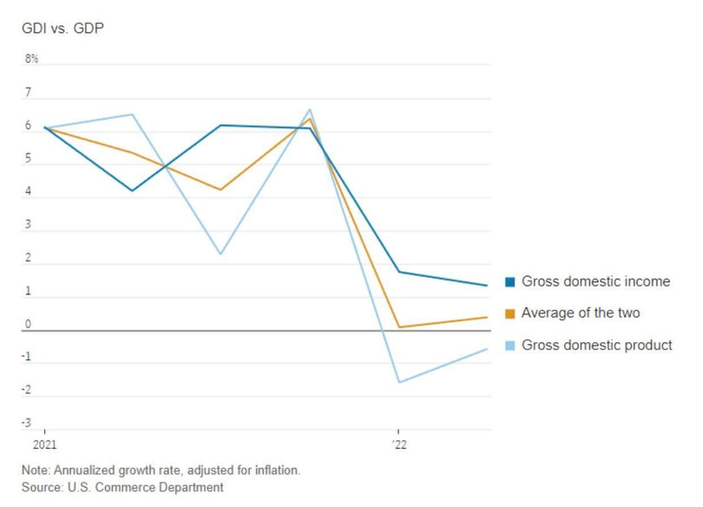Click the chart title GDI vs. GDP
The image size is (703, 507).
coord(62,29)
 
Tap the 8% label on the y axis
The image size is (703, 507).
coord(31,59)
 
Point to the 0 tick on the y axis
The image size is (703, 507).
coord(28,325)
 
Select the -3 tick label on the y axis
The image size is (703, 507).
coord(27,424)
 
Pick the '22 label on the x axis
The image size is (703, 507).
coord(398,444)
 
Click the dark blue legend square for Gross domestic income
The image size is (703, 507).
coord(510,282)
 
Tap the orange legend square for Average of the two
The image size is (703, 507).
coord(510,313)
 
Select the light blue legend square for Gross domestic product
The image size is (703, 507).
coord(510,346)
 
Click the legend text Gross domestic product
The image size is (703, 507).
coord(597,346)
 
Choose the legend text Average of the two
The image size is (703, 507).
coord(581,313)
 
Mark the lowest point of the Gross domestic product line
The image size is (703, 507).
coord(398,382)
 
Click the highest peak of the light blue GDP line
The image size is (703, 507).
coord(310,109)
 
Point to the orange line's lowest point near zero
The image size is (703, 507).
coord(398,327)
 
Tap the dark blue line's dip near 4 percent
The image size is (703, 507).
coord(132,190)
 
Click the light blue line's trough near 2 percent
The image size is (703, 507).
coord(220,254)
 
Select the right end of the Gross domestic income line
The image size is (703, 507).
coord(487,285)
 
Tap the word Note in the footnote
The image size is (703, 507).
coord(36,471)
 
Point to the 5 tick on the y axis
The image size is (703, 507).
coord(28,159)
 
